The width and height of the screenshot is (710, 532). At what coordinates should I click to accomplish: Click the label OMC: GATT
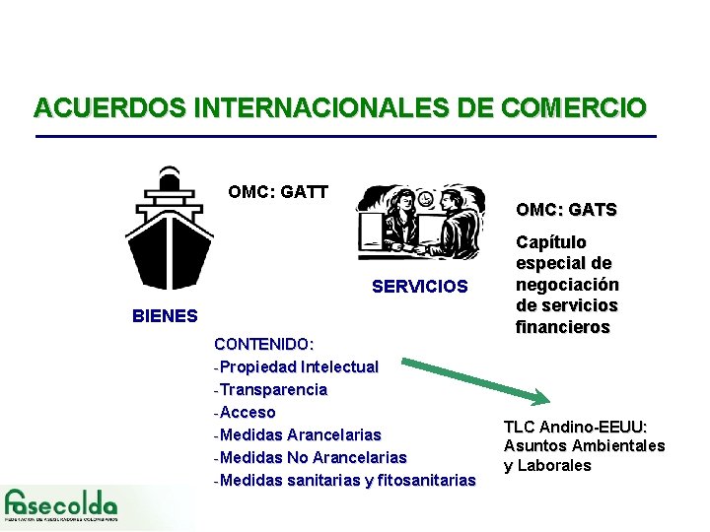coord(278,192)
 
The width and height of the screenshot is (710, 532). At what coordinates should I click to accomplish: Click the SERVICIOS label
coord(420,287)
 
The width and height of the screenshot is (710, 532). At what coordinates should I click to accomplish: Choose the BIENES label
coord(165,316)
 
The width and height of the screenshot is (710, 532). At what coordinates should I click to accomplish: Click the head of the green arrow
coord(540,398)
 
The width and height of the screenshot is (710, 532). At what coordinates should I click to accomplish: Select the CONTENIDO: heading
coord(263,345)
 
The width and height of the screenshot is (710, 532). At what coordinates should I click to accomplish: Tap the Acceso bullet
coord(248,412)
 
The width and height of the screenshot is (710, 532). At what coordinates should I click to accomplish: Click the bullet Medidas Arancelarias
coord(301,434)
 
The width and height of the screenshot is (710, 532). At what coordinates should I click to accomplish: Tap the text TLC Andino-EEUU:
coord(575,427)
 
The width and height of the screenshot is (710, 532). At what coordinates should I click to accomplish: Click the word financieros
coord(563,327)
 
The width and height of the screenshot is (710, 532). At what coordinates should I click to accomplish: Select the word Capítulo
coord(551,242)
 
